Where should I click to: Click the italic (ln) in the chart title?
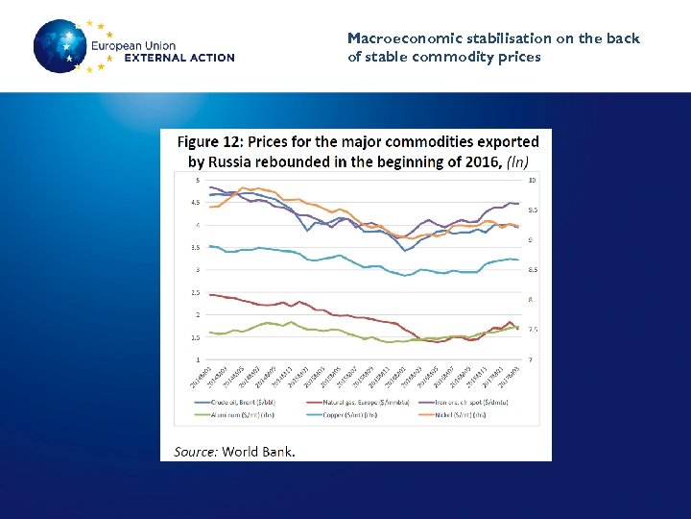517,162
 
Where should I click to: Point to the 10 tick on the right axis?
532,180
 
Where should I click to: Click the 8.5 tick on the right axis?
532,270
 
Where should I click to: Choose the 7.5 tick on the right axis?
532,330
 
